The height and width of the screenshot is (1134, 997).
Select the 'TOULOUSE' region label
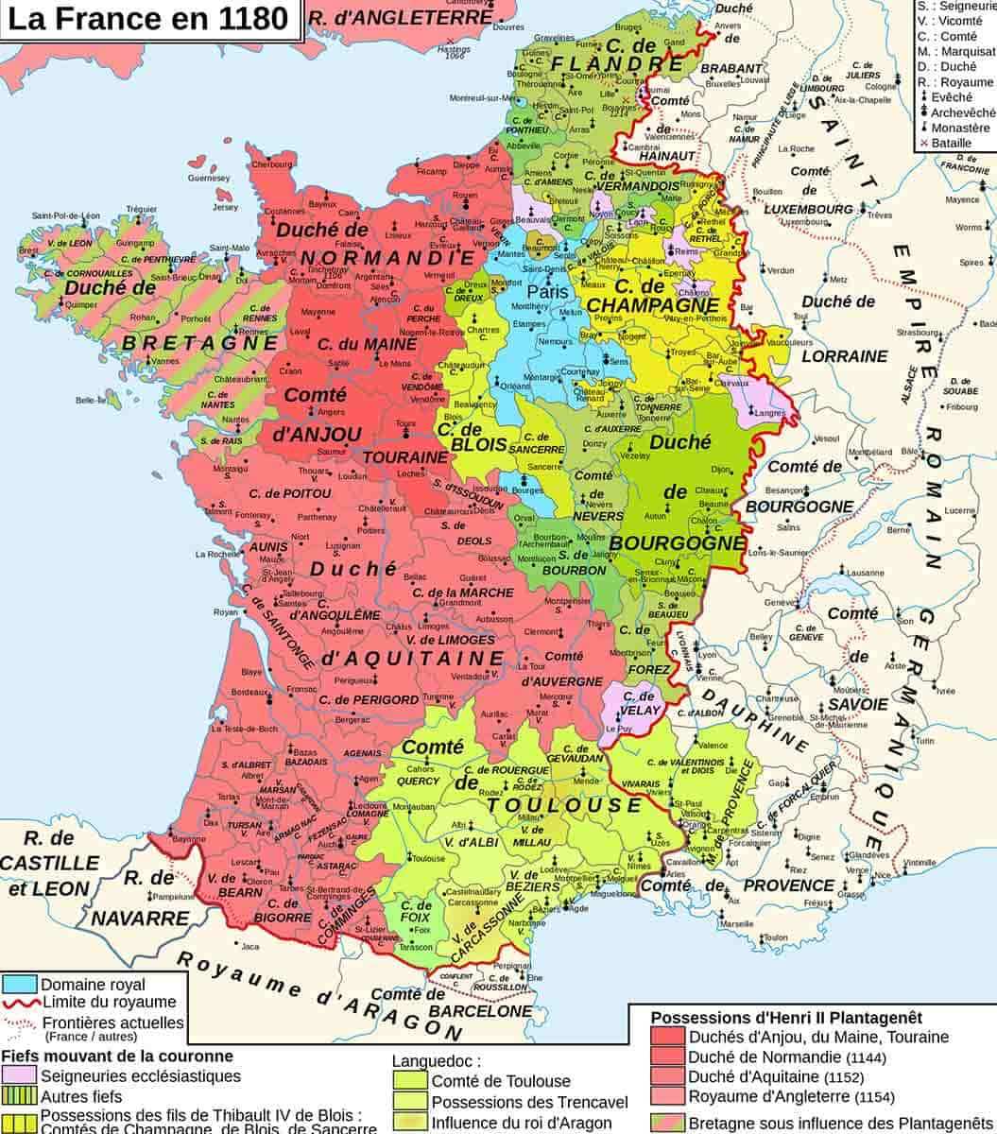[x=564, y=804]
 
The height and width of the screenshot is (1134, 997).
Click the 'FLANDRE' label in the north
[x=602, y=63]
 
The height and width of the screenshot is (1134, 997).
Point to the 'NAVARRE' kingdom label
[x=141, y=917]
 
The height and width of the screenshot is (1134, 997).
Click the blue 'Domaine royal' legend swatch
[x=20, y=985]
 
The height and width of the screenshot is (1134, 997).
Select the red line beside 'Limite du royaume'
[x=20, y=1003]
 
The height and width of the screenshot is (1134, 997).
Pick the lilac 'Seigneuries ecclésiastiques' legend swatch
[x=20, y=1075]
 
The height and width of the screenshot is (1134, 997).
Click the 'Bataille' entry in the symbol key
[x=950, y=143]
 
